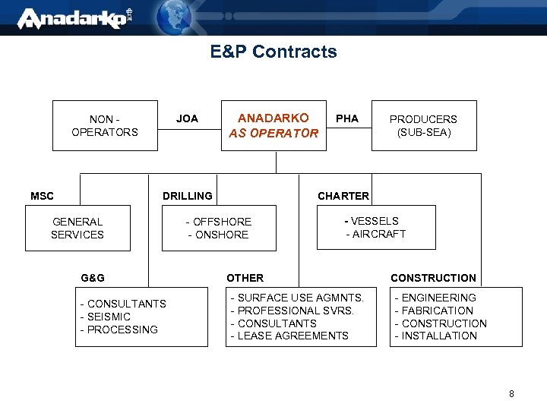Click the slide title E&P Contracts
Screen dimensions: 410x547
pos(273,52)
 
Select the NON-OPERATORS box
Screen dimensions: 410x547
pos(105,125)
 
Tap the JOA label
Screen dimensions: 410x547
pos(187,118)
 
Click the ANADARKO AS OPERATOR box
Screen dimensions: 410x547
pos(273,125)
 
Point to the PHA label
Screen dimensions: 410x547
pos(347,118)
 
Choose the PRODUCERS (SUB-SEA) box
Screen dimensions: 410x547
pos(423,125)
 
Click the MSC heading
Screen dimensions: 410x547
pos(42,196)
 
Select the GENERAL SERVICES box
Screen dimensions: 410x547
pos(77,228)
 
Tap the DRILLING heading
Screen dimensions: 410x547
pos(188,196)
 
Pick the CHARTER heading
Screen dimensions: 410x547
pos(343,196)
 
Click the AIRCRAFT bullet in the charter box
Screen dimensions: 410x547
pos(378,234)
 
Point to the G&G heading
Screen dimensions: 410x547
pos(93,278)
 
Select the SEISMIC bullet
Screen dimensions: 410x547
pos(109,317)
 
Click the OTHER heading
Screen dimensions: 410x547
pos(245,278)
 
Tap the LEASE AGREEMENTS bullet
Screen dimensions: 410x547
pos(292,336)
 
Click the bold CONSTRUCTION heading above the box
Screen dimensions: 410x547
pos(433,278)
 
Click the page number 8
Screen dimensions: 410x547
pos(511,394)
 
